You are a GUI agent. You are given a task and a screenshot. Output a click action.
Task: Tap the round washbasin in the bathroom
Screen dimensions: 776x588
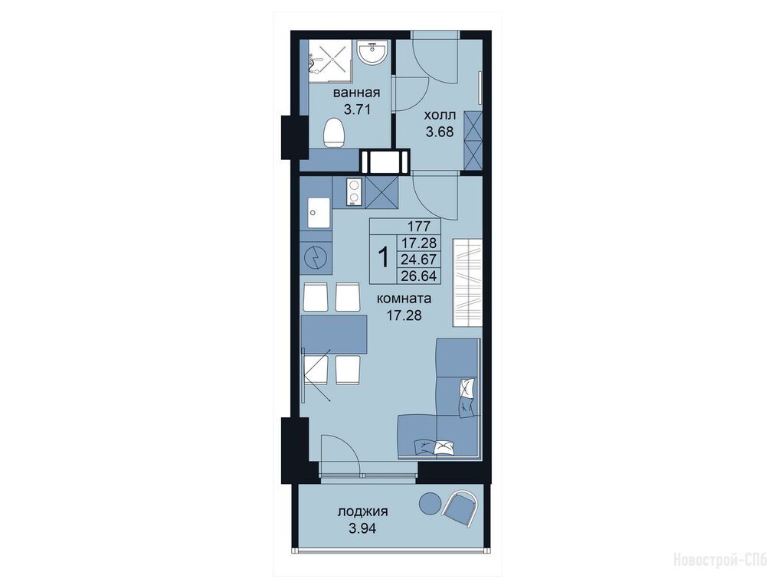pyautogui.click(x=372, y=52)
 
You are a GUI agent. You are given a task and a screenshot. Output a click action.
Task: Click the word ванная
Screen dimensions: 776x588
pyautogui.click(x=356, y=93)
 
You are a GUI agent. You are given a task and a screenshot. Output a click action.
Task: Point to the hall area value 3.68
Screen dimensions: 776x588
pyautogui.click(x=440, y=132)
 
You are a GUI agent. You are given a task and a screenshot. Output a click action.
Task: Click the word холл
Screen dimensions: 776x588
pyautogui.click(x=440, y=116)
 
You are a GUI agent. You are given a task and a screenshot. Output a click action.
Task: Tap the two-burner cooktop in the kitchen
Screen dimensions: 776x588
pyautogui.click(x=355, y=191)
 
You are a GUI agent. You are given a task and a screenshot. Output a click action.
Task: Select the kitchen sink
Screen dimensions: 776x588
pyautogui.click(x=319, y=213)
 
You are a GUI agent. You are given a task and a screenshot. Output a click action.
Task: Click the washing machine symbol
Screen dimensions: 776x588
pyautogui.click(x=316, y=258)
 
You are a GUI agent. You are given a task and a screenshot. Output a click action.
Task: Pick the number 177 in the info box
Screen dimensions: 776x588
pyautogui.click(x=419, y=227)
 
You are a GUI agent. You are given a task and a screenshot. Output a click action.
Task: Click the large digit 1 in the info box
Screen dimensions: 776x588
pyautogui.click(x=383, y=258)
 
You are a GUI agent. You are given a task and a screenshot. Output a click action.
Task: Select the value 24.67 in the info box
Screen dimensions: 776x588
pyautogui.click(x=419, y=259)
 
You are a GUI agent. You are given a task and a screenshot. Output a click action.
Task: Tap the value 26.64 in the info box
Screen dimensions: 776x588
pyautogui.click(x=419, y=276)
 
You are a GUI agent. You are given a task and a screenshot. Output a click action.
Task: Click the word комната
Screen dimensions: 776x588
pyautogui.click(x=404, y=299)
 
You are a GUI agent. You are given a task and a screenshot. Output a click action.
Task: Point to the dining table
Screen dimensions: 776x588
pyautogui.click(x=333, y=335)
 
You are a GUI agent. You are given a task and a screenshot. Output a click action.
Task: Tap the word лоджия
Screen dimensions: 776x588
pyautogui.click(x=363, y=512)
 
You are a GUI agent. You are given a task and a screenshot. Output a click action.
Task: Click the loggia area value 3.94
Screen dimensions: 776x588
pyautogui.click(x=363, y=528)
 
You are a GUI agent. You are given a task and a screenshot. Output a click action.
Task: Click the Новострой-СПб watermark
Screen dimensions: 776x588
pyautogui.click(x=719, y=560)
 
